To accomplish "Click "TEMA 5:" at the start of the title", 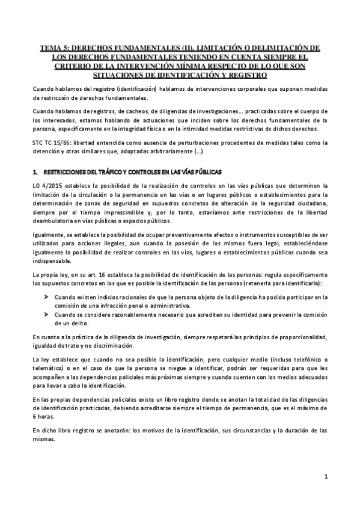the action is pos(54,46).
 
